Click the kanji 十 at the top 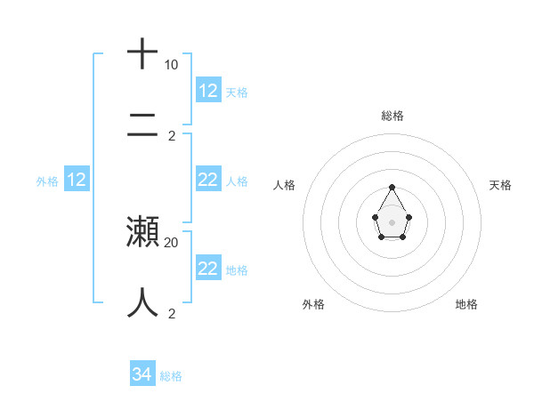143,53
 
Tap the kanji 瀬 143,232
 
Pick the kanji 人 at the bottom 143,302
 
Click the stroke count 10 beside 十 171,65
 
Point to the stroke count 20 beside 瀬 171,242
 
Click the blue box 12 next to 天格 208,91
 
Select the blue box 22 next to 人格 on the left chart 208,180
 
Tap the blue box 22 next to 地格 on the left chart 208,269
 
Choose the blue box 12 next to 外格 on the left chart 77,180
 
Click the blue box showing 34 142,374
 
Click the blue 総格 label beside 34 171,376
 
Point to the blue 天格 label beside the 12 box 237,92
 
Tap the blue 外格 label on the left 47,181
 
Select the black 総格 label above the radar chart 392,116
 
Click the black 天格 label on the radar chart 500,185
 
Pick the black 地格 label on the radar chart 466,304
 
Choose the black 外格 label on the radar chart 313,304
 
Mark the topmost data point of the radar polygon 392,187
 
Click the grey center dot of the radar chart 392,221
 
